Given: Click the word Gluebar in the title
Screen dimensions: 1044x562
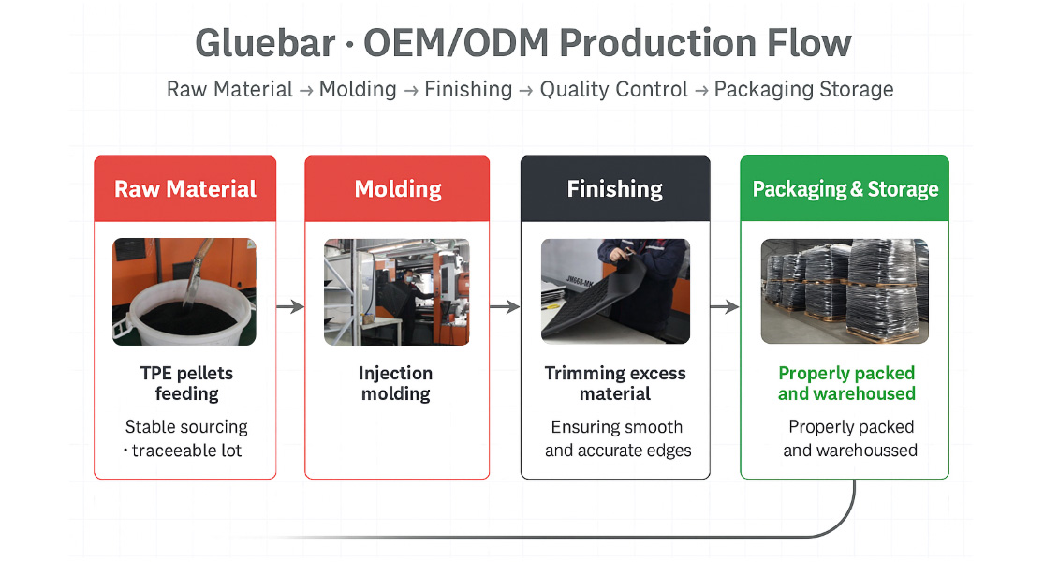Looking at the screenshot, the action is tap(265, 44).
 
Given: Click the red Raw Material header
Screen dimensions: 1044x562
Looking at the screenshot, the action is tap(185, 188).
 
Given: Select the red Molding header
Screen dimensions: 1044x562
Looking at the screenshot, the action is tap(398, 188).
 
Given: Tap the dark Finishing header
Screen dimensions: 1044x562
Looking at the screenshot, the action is tap(615, 188).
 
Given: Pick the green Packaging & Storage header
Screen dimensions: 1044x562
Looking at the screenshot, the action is tap(845, 188).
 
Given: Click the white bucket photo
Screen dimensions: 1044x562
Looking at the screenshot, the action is tap(184, 291).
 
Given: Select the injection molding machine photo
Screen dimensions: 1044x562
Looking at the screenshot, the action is tap(397, 291).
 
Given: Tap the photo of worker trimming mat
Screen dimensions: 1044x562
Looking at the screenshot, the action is tap(616, 291).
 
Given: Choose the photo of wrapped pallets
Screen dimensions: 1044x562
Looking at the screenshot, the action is tap(845, 291).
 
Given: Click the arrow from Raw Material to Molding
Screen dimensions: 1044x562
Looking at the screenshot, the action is tap(290, 307).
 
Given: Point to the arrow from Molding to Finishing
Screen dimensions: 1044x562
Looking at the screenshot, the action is tap(505, 307).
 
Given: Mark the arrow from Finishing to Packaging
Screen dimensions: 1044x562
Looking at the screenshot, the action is tap(725, 307).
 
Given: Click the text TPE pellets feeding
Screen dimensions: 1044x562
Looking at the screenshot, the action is tap(186, 383).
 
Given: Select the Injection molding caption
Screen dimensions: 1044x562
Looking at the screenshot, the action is tap(395, 383).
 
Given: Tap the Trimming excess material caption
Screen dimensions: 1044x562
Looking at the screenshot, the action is tap(615, 383).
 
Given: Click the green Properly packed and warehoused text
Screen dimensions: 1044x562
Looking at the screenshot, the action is tap(847, 383).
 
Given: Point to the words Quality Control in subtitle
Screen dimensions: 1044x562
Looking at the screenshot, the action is tap(614, 89).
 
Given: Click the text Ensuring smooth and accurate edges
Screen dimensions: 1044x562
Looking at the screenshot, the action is tap(618, 438).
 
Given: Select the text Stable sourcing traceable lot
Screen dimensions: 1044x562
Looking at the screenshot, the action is tap(184, 438).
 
